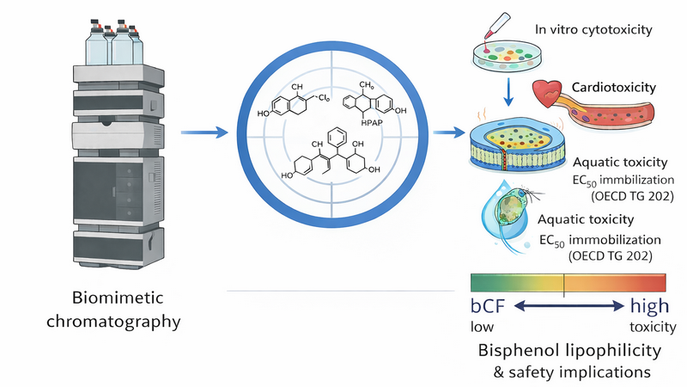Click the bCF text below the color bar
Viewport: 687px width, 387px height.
click(486, 306)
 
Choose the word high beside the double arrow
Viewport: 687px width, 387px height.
click(649, 306)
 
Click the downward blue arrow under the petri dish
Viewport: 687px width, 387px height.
click(509, 93)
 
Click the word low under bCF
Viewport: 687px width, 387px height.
click(482, 328)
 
